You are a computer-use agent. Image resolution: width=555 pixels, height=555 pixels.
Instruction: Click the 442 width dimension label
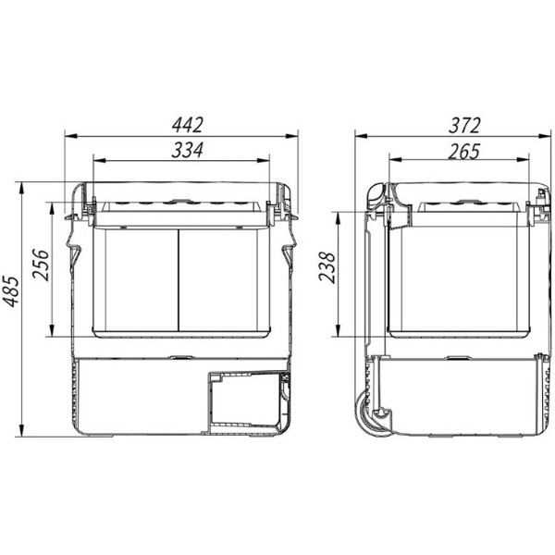188,125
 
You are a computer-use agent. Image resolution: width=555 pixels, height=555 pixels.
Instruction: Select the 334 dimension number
188,150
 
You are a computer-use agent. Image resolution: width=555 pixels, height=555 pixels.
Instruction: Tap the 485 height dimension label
10,291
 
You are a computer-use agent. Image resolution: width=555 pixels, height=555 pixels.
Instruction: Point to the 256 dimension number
41,265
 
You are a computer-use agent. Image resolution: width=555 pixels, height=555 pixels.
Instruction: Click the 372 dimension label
464,125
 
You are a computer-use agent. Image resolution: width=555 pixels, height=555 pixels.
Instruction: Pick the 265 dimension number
464,151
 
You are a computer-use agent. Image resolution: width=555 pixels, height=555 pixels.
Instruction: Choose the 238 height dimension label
327,267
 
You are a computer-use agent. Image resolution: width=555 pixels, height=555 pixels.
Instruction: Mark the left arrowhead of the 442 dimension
71,136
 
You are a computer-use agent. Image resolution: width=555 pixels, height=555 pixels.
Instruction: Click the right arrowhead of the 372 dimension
545,136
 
